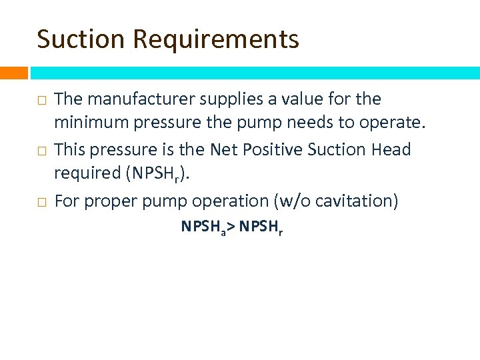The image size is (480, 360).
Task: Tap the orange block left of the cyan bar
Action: point(14,73)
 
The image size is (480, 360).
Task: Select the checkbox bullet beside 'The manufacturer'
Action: point(41,101)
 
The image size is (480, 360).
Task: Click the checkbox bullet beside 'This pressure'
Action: point(41,151)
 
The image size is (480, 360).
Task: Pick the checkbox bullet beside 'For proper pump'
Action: point(41,202)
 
